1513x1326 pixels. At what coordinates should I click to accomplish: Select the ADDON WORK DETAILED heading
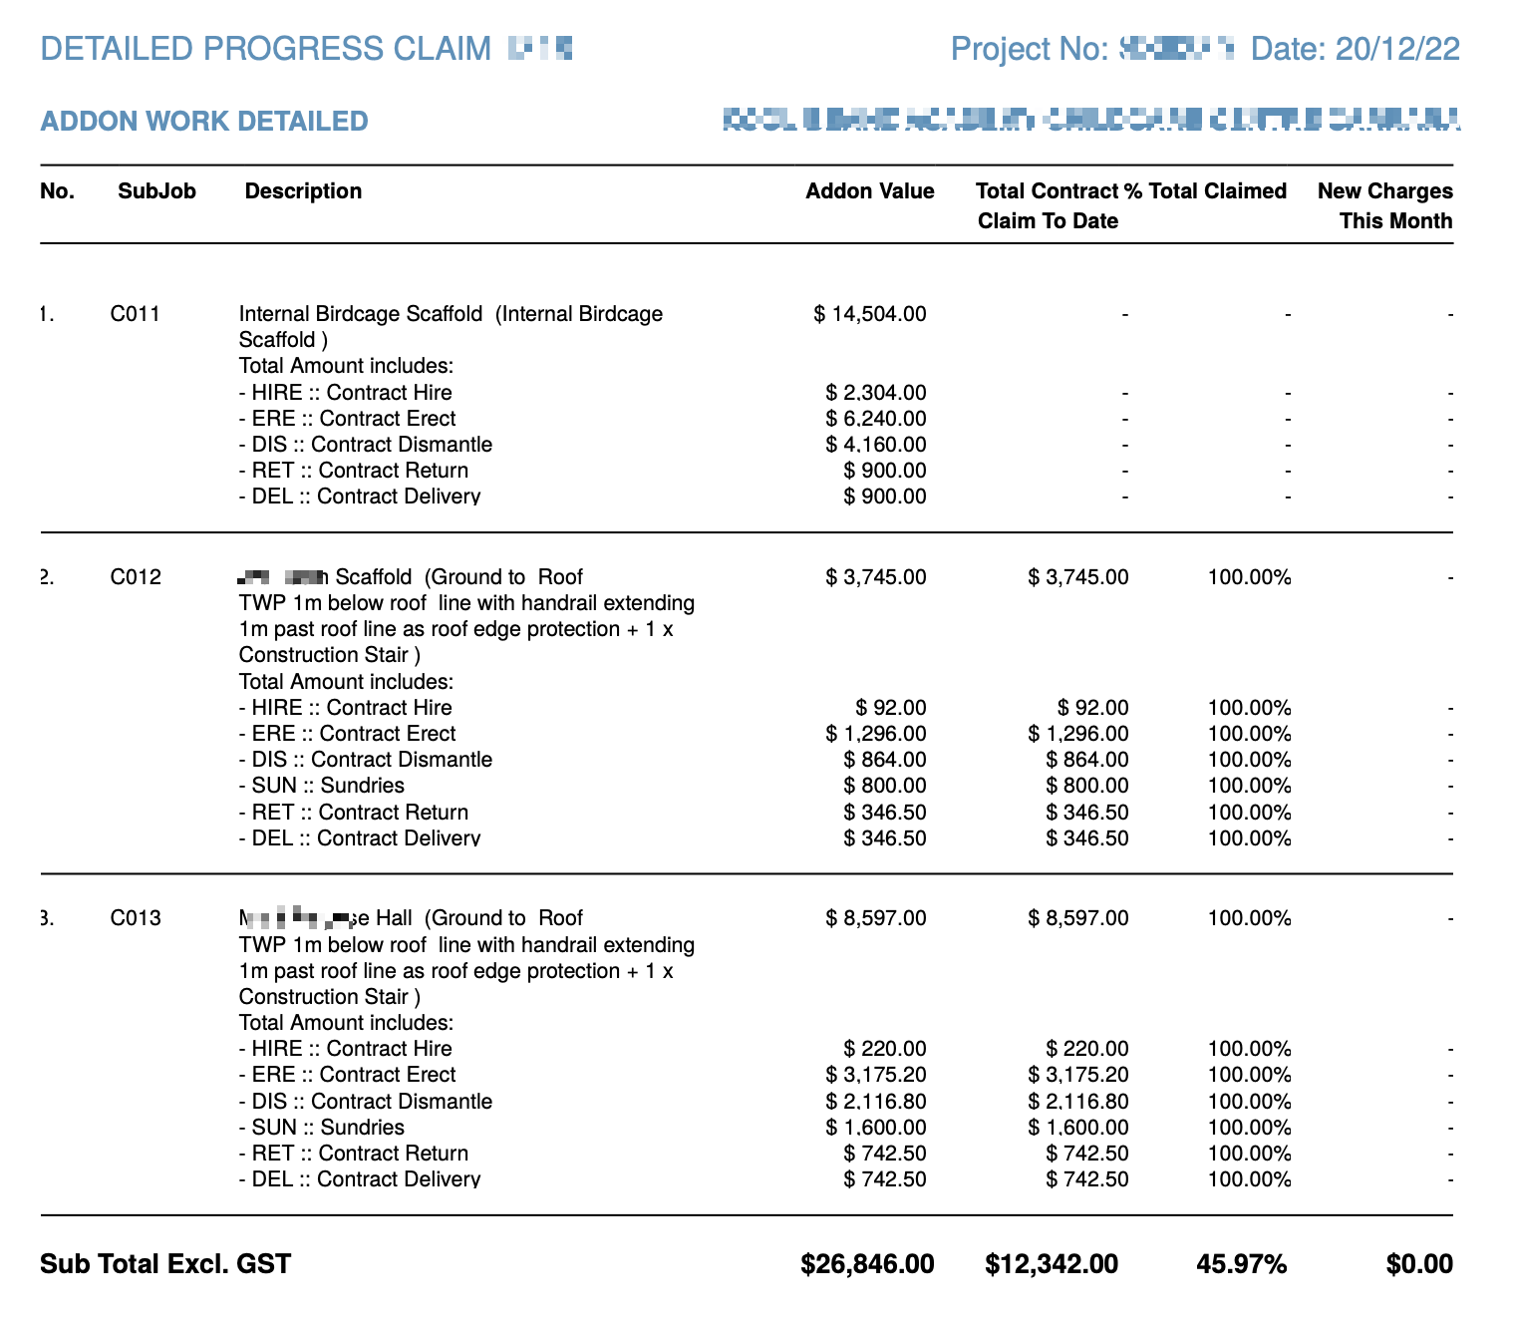pos(204,122)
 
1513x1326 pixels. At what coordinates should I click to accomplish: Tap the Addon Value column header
pos(869,191)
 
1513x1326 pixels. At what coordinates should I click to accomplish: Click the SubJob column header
pos(156,191)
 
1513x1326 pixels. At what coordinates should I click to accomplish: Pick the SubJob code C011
pos(135,314)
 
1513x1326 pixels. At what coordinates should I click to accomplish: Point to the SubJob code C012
pos(135,577)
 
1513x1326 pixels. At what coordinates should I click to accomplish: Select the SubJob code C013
pos(135,918)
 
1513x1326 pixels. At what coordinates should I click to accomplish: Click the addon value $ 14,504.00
pos(870,314)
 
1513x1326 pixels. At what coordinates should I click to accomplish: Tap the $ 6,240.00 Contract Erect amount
pos(876,419)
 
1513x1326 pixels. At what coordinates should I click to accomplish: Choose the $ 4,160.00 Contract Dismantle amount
pos(876,445)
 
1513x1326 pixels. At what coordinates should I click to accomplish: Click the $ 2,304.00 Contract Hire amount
pos(876,393)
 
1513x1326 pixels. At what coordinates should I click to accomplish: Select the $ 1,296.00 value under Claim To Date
pos(1078,734)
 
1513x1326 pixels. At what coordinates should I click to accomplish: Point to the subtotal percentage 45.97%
pos(1241,1265)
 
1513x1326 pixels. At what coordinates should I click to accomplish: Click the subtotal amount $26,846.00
pos(867,1265)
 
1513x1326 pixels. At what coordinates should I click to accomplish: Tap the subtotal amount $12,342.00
pos(1052,1265)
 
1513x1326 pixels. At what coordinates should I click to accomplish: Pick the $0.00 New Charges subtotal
pos(1419,1265)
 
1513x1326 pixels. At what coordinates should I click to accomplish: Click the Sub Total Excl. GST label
pos(165,1265)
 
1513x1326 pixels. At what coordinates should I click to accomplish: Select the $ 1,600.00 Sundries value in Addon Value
pos(876,1128)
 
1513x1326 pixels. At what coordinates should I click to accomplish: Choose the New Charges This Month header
pos(1385,205)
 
